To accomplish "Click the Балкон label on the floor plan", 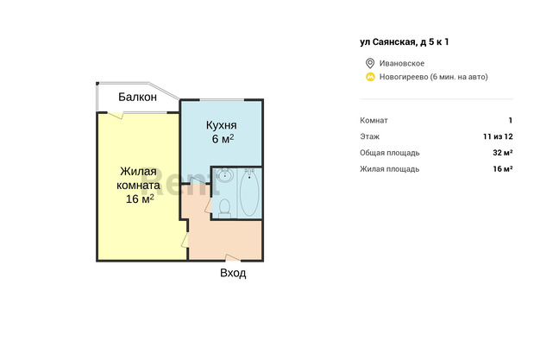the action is pyautogui.click(x=137, y=97).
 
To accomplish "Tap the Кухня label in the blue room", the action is pyautogui.click(x=221, y=125).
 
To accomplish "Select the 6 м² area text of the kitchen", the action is pyautogui.click(x=223, y=139).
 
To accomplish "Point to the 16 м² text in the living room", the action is pyautogui.click(x=140, y=199).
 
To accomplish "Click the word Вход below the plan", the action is pyautogui.click(x=233, y=273).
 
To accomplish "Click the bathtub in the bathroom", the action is pyautogui.click(x=249, y=193).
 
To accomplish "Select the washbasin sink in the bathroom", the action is pyautogui.click(x=225, y=175).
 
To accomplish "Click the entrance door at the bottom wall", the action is pyautogui.click(x=233, y=258).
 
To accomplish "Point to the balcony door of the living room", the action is pyautogui.click(x=116, y=115).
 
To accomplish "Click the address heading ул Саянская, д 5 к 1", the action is pyautogui.click(x=405, y=42).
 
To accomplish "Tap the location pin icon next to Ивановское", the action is pyautogui.click(x=370, y=63).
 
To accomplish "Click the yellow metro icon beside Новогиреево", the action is pyautogui.click(x=370, y=77).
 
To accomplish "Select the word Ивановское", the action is pyautogui.click(x=402, y=63).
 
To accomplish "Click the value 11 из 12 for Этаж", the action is pyautogui.click(x=498, y=136).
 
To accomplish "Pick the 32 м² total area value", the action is pyautogui.click(x=502, y=153).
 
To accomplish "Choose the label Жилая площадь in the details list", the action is pyautogui.click(x=390, y=169).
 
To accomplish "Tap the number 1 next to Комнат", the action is pyautogui.click(x=511, y=120).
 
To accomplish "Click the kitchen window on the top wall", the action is pyautogui.click(x=223, y=100).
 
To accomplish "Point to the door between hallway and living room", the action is pyautogui.click(x=185, y=240).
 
